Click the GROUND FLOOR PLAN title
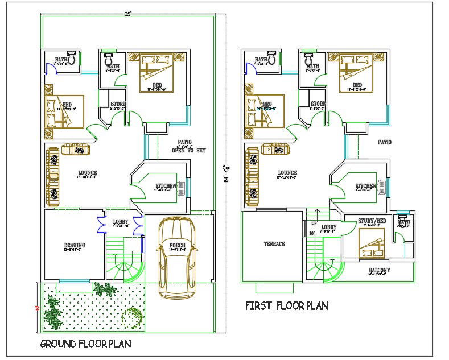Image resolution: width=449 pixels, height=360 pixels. [x=85, y=344]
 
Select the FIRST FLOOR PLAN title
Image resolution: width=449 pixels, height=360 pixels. [x=287, y=305]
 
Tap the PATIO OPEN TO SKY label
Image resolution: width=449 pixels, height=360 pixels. [x=188, y=147]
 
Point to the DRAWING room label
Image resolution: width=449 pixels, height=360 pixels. [x=75, y=246]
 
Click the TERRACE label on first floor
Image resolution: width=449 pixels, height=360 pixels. [x=274, y=243]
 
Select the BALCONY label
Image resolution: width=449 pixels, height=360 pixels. [x=380, y=270]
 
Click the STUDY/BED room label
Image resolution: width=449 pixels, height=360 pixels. [x=372, y=221]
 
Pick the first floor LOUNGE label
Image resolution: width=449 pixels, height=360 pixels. [x=288, y=172]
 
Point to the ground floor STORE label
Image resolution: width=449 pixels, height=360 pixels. [x=118, y=104]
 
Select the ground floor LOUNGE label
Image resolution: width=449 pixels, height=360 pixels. [x=88, y=172]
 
